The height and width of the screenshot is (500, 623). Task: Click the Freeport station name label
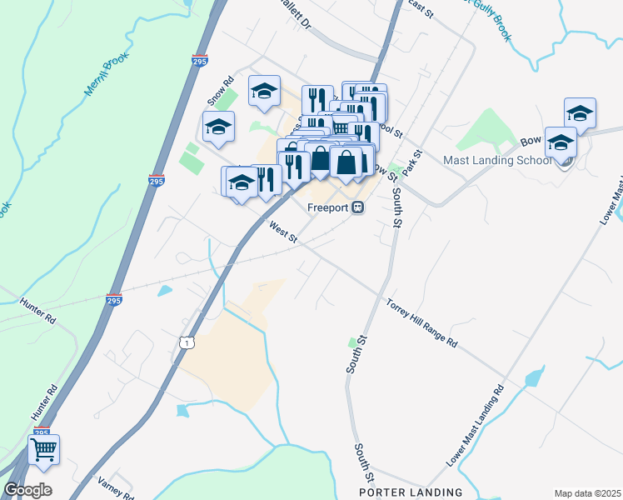[x=328, y=208]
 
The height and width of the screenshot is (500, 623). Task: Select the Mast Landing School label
[x=496, y=160]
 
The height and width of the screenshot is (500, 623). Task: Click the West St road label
[x=284, y=232]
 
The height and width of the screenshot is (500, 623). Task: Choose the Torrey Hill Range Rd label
[x=421, y=322]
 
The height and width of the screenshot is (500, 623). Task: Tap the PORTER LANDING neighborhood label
[x=410, y=492]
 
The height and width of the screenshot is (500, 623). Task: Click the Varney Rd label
[x=116, y=487]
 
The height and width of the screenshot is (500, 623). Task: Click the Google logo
[x=27, y=489]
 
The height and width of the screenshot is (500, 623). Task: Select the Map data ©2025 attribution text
[x=586, y=493]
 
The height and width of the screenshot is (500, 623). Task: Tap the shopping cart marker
[x=44, y=449]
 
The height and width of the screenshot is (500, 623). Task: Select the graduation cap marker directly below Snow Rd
[x=218, y=127]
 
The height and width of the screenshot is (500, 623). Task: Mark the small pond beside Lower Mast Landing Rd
[x=531, y=379]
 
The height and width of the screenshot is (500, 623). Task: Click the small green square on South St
[x=351, y=342]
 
